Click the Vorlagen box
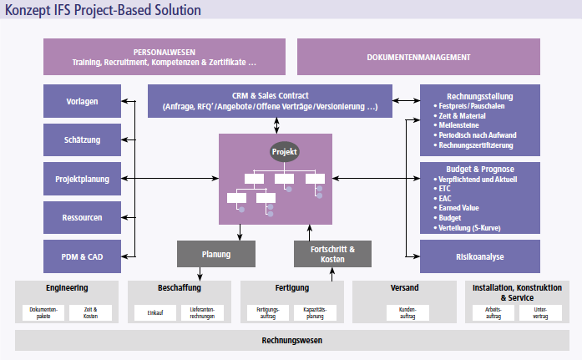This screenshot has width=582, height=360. (x=82, y=101)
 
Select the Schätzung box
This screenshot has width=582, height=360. (x=82, y=139)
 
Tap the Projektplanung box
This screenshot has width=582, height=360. (x=82, y=179)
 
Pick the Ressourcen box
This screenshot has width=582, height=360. (x=82, y=217)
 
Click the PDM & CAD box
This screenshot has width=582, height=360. (x=82, y=256)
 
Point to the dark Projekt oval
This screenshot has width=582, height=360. (x=284, y=151)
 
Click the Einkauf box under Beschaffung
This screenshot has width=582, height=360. (x=155, y=312)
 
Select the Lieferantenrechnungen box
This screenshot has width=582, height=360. (x=201, y=312)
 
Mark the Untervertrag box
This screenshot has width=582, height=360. (x=539, y=312)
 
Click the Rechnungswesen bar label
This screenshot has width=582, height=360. (x=291, y=340)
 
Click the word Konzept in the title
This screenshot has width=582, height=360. (x=27, y=9)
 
